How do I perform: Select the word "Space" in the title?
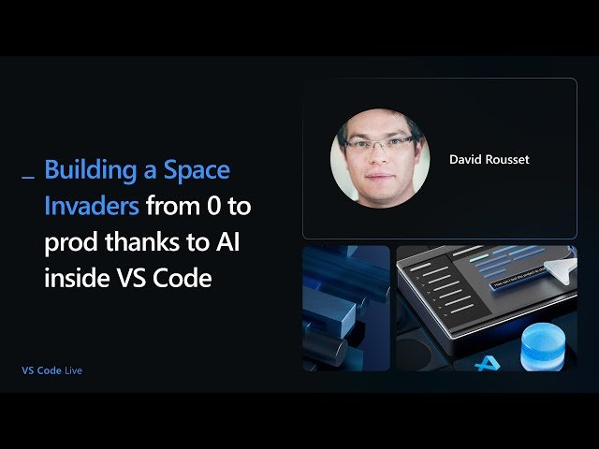(x=197, y=172)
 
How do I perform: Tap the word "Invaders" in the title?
(x=92, y=205)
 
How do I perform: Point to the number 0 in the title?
(x=211, y=205)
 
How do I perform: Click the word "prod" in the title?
(x=66, y=241)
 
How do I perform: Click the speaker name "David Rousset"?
(x=489, y=160)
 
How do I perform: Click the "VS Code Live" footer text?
(x=52, y=370)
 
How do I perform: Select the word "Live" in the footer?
(x=74, y=370)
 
